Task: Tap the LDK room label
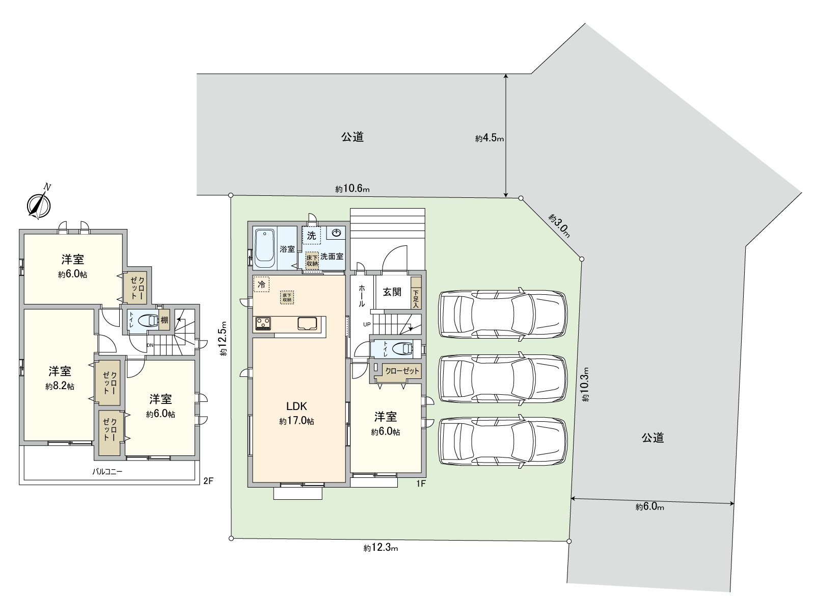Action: point(296,406)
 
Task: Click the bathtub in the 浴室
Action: point(264,248)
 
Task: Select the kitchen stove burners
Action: point(263,323)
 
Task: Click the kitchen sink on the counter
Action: point(308,323)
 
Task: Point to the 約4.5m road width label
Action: point(489,138)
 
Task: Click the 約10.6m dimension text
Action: point(352,189)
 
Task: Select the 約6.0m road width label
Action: point(649,507)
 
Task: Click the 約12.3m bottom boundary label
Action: point(381,548)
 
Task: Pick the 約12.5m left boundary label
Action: point(223,342)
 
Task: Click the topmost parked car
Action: point(502,314)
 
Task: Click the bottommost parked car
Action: point(502,442)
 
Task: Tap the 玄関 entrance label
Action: point(392,292)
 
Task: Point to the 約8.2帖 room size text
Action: point(60,387)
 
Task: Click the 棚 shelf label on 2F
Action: point(164,320)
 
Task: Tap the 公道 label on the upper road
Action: point(352,137)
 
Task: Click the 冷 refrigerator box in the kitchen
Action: point(261,285)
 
